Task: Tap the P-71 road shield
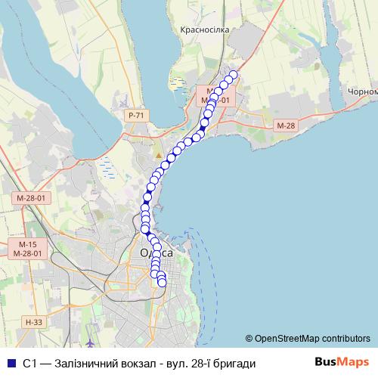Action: pos(136,115)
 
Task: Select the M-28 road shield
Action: pos(286,125)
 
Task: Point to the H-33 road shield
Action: pos(32,322)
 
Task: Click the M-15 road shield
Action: pos(28,244)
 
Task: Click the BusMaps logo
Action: pos(341,362)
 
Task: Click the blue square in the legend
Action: pos(10,363)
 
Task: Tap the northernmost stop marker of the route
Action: pos(234,74)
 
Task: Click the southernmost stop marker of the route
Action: pos(162,283)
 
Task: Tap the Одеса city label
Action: pos(156,253)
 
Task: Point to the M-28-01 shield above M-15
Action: pos(31,198)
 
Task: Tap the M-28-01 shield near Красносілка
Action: pos(212,99)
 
